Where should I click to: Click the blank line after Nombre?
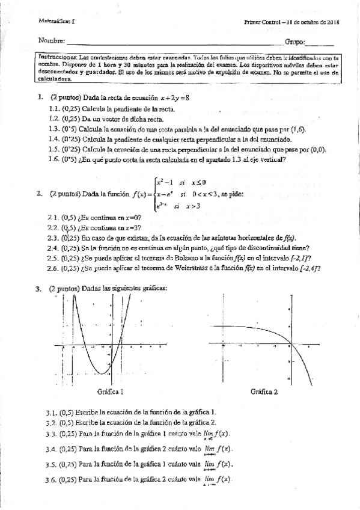click(x=174, y=43)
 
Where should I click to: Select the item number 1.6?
click(x=53, y=160)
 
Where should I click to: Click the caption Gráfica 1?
click(x=111, y=392)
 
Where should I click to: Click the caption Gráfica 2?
click(x=264, y=392)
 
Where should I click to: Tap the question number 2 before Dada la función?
click(x=38, y=194)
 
